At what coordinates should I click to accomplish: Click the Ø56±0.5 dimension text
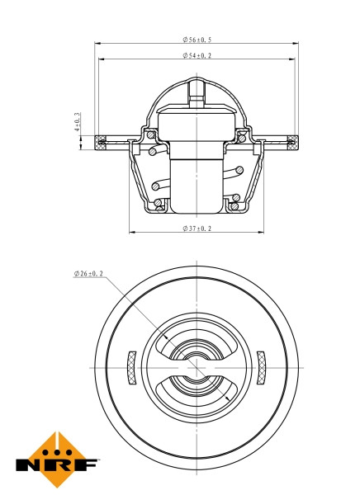(x=197, y=39)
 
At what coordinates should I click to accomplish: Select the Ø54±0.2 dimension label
(x=197, y=55)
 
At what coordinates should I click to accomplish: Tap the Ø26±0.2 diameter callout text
(x=88, y=273)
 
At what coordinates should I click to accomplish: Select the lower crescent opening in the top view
(x=197, y=393)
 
